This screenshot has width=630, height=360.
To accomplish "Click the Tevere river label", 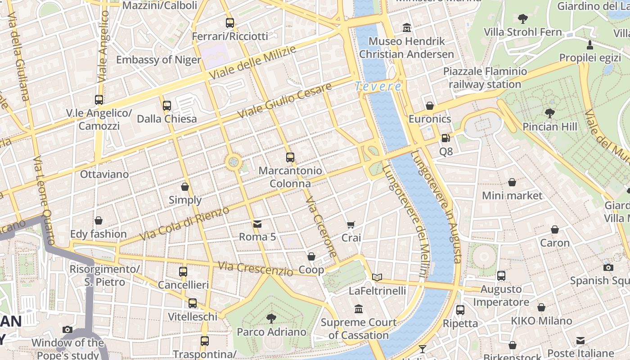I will click(378, 86).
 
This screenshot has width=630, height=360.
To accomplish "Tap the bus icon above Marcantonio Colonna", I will click(290, 157).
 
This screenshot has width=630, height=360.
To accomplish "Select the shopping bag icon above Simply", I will click(185, 186).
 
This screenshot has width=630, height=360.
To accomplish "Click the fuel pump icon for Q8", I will click(445, 138).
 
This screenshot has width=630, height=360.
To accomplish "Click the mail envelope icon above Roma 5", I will click(257, 224).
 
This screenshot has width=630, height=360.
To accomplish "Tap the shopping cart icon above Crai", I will click(351, 224).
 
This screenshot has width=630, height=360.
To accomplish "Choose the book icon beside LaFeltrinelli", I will click(377, 277).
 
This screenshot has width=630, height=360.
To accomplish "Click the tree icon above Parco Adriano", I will click(271, 319).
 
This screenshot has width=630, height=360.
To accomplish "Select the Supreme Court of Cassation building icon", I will click(359, 309).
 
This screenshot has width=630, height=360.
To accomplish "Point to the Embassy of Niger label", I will click(158, 60).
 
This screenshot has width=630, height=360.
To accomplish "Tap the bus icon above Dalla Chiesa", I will click(167, 106).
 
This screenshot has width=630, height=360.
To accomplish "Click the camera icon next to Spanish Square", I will click(608, 267).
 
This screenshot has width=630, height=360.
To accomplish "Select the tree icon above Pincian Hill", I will click(549, 113).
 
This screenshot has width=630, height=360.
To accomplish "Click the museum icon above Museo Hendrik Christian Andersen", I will click(407, 28).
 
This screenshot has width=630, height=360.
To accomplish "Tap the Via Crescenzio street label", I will click(256, 268).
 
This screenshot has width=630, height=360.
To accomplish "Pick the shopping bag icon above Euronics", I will click(430, 106).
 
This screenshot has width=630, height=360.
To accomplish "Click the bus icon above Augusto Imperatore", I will click(501, 275).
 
